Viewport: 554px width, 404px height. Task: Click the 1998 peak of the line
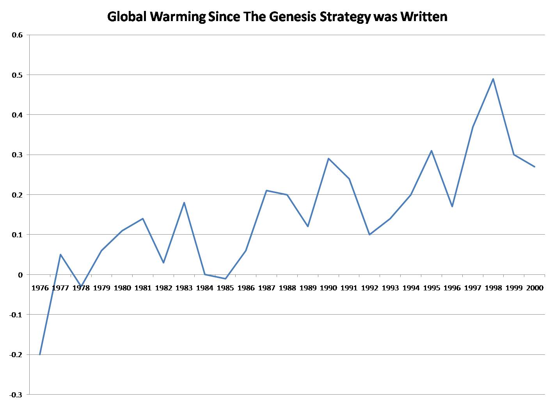click(493, 79)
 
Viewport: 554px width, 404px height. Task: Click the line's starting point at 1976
click(40, 354)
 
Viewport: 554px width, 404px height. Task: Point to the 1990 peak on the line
click(328, 158)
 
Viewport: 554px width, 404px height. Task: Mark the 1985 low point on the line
click(226, 279)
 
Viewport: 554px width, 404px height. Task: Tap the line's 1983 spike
click(184, 203)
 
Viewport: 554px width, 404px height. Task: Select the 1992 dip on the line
click(369, 235)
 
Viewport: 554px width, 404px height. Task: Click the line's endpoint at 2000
click(534, 167)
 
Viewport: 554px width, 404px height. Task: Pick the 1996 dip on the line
click(452, 206)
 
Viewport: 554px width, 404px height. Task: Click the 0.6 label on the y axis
click(18, 35)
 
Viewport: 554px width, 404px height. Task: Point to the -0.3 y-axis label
click(16, 395)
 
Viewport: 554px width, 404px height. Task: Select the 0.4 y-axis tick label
click(18, 115)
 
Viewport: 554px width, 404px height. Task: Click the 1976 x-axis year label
click(40, 288)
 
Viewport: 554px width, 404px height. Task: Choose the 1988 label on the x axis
click(287, 288)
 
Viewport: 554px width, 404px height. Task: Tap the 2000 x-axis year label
click(534, 288)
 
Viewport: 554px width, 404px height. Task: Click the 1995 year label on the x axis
click(431, 288)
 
